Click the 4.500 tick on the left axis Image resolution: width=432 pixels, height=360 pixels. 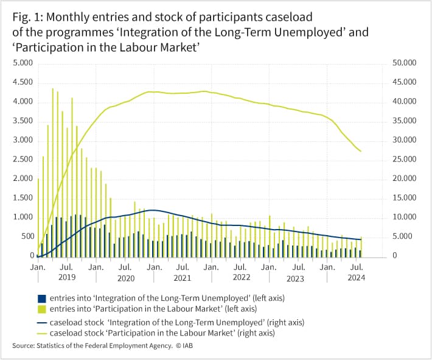(23, 82)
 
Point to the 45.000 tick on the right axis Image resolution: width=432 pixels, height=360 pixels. (405, 82)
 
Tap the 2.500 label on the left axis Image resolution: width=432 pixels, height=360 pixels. (23, 160)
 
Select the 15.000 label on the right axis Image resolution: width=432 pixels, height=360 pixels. (405, 198)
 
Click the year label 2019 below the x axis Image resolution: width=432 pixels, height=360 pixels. (67, 277)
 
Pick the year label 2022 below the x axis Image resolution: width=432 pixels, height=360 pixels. (242, 277)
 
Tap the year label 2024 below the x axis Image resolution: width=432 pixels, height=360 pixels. (356, 277)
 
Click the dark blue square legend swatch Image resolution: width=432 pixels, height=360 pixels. (41, 298)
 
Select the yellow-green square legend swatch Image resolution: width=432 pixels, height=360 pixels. (41, 309)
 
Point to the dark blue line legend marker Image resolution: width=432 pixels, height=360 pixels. (41, 323)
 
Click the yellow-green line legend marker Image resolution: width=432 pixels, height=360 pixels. (41, 333)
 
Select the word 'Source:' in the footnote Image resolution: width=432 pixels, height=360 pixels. (23, 345)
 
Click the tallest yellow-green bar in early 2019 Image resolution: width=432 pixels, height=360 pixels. (52, 173)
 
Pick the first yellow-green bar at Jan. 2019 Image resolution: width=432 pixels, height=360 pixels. (38, 218)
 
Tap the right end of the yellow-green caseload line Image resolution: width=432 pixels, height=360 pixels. (361, 151)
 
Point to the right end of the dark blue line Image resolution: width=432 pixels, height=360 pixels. (361, 239)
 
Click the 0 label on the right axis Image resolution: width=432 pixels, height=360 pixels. (395, 256)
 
